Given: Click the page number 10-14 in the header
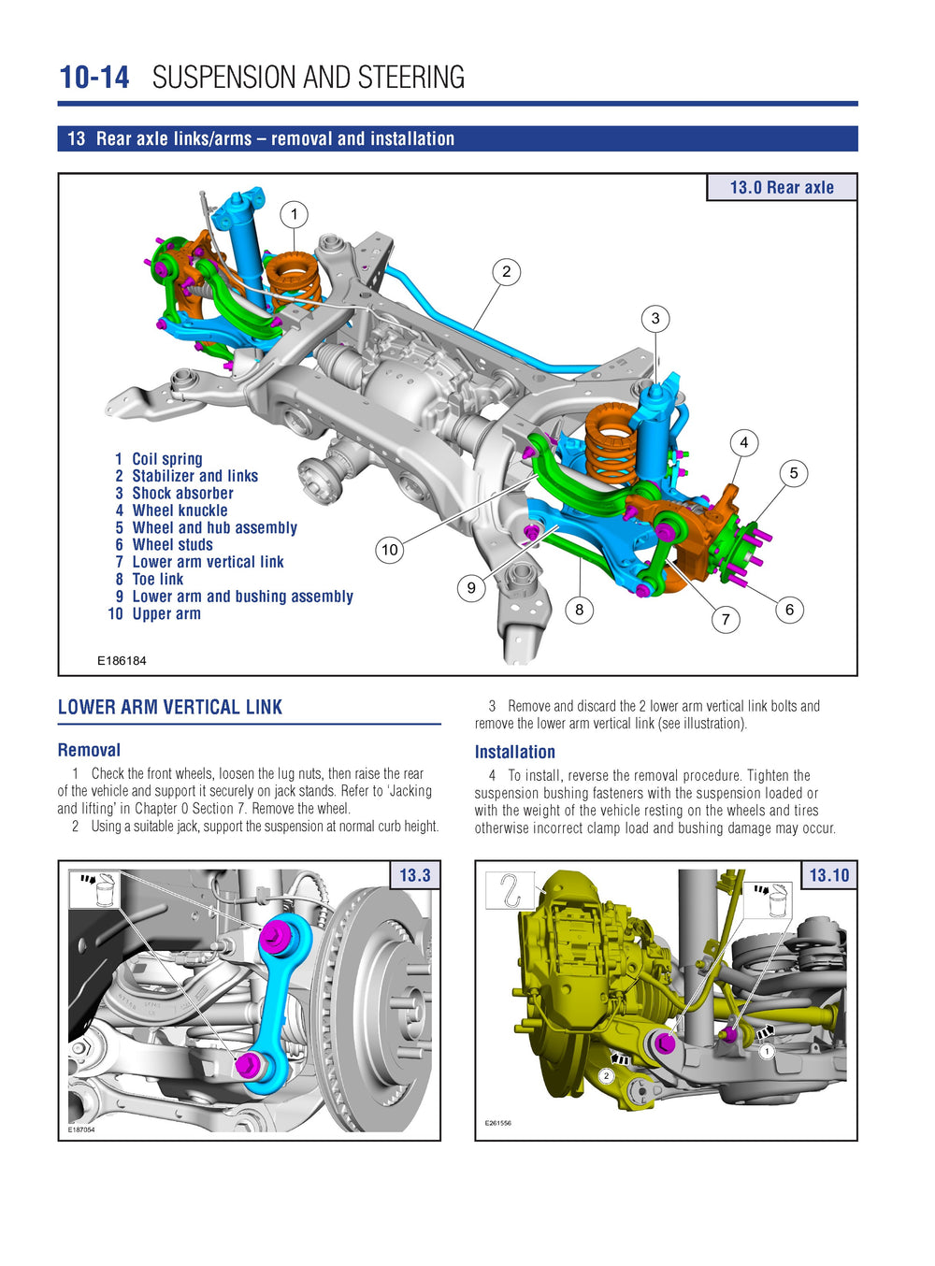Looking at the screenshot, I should pos(93,77).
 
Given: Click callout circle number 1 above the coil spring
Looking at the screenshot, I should pos(294,215).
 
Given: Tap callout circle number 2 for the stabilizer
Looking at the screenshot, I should pos(506,272).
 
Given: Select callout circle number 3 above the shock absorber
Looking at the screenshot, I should pos(655,319).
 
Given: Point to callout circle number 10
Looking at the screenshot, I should pos(390,550).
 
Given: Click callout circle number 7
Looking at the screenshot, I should pos(726,619).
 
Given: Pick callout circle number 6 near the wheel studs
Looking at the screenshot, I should pos(789,610).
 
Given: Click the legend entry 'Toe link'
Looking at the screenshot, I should pos(157,579).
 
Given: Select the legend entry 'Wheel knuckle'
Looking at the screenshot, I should pos(180,511).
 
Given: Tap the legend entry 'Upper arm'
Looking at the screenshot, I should pos(165,613).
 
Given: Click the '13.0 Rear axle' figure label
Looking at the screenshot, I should pos(782,187).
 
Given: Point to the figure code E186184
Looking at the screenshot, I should pos(122,660).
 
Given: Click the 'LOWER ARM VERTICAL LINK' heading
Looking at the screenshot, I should pos(170,707).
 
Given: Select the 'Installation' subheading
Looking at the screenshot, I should pos(514,752).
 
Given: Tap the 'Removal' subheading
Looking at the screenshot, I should pos(89,750).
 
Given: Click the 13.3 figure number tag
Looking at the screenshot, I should pos(414,875).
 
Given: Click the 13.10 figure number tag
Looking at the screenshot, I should pos(828,875).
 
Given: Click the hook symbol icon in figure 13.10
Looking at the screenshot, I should pos(510,890).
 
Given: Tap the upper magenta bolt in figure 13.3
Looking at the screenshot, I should pos(277,933).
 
